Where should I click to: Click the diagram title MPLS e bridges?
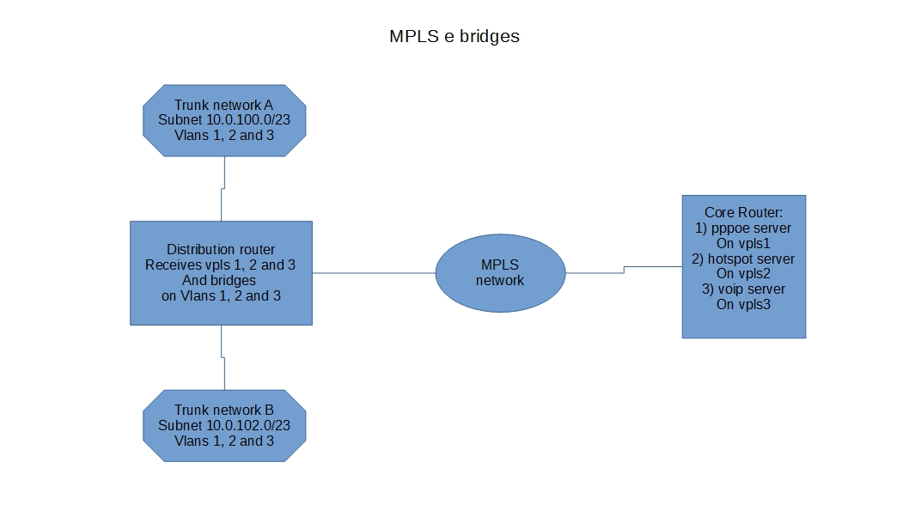click(454, 37)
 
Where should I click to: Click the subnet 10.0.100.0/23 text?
click(224, 120)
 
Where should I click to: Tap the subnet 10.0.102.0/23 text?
click(224, 425)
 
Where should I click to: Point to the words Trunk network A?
click(224, 105)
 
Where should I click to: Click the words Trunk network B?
click(224, 410)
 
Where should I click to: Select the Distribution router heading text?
click(220, 249)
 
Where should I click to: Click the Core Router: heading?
click(744, 212)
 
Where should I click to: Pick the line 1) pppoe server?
click(744, 228)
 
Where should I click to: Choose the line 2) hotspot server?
click(744, 259)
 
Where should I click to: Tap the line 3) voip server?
click(744, 289)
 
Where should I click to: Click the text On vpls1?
click(744, 243)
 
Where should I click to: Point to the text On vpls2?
click(744, 273)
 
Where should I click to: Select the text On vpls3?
click(744, 304)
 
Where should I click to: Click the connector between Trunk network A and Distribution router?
click(223, 204)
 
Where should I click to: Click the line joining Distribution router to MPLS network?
click(374, 273)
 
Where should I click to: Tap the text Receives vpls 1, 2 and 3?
click(220, 265)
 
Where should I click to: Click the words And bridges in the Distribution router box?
click(220, 280)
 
